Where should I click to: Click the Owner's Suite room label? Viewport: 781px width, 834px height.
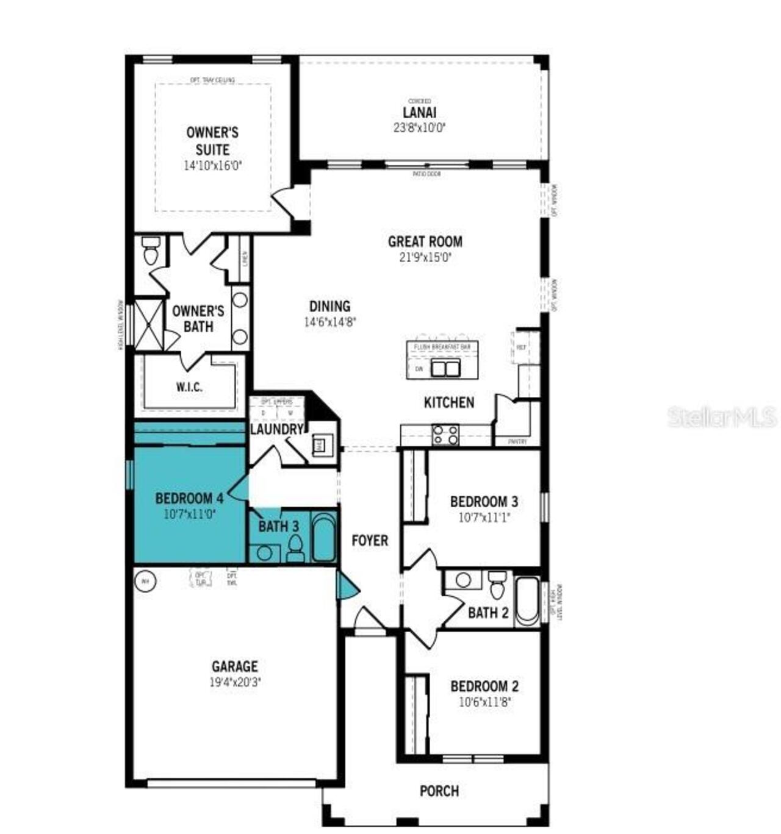[x=212, y=141]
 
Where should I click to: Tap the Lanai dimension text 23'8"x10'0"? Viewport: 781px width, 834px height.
[x=419, y=128]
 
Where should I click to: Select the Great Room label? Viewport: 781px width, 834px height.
[x=425, y=241]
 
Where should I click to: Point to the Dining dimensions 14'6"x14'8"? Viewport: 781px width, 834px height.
[x=329, y=322]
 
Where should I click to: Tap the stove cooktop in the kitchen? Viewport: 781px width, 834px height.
[x=445, y=435]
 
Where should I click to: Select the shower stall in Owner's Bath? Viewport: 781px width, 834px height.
[x=149, y=324]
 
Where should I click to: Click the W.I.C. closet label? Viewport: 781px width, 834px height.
[x=189, y=387]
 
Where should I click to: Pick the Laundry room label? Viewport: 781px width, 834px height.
[x=276, y=429]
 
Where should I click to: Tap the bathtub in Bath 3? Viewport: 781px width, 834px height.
[x=323, y=537]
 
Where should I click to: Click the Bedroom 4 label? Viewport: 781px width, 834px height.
[x=189, y=498]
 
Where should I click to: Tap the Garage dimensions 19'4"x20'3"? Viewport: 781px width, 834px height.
[x=235, y=683]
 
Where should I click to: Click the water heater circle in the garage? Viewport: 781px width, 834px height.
[x=145, y=581]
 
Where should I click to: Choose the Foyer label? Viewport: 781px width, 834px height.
[x=370, y=541]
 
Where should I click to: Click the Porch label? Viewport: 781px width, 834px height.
[x=439, y=791]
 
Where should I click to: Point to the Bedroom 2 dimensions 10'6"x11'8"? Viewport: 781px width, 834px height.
[x=484, y=702]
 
